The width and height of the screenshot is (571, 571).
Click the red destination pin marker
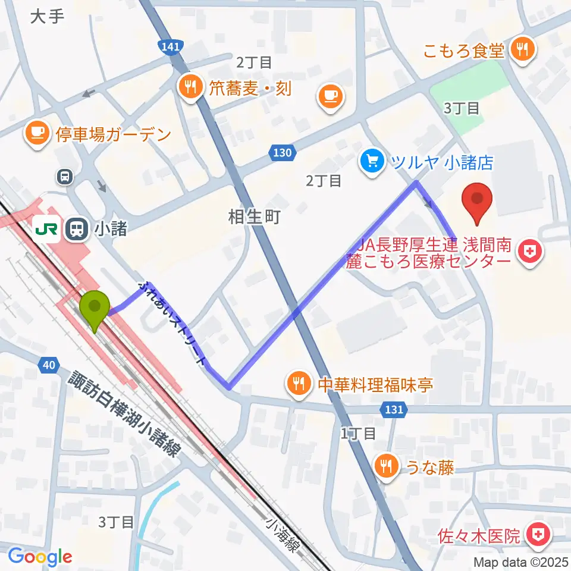click(478, 202)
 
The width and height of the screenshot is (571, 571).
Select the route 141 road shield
click(169, 46)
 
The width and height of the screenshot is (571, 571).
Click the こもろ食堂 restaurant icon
click(523, 50)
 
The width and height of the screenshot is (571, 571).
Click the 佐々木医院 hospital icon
click(539, 536)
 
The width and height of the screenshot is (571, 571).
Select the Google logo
click(40, 557)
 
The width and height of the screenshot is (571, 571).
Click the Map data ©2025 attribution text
click(519, 561)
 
